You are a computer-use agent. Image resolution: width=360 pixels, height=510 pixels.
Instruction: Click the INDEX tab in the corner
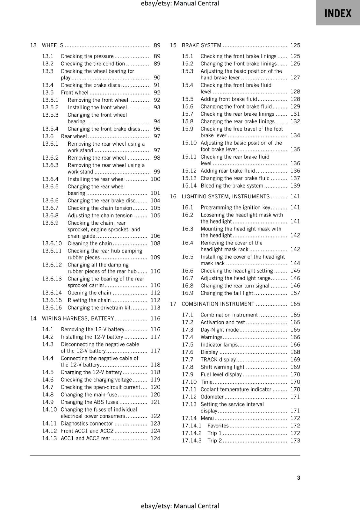(338, 13)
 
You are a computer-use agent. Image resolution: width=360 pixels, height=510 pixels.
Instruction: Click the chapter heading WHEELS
(53, 45)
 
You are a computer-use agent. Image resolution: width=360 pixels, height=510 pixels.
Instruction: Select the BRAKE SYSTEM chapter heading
(201, 45)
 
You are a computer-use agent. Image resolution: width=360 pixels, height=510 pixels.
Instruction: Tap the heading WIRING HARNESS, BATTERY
(78, 318)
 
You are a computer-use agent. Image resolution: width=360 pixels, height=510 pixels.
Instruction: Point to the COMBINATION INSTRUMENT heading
(218, 304)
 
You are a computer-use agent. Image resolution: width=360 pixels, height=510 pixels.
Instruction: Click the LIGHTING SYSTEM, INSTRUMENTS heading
(226, 197)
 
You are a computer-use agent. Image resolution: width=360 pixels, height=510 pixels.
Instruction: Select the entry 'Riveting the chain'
(89, 300)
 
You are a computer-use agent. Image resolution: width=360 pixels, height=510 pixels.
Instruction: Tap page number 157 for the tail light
(295, 293)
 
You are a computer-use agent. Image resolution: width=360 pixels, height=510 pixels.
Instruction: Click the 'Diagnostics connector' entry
(87, 424)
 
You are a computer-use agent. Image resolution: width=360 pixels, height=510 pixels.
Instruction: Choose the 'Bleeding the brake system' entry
(232, 186)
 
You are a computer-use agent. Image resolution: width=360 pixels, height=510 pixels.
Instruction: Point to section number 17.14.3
(192, 441)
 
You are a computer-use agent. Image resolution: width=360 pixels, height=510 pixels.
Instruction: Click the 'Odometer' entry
(212, 397)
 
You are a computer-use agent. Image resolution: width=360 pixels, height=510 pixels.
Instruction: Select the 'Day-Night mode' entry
(220, 330)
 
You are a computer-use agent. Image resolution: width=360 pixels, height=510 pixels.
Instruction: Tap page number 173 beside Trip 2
(295, 441)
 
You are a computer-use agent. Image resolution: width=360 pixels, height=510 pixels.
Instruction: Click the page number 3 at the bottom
(299, 478)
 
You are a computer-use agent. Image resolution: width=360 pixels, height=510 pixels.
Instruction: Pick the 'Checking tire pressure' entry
(87, 56)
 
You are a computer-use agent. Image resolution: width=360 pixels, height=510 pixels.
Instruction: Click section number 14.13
(49, 438)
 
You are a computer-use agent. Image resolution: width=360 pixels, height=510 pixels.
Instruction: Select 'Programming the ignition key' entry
(235, 208)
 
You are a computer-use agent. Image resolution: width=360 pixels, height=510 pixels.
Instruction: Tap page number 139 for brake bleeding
(295, 186)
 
